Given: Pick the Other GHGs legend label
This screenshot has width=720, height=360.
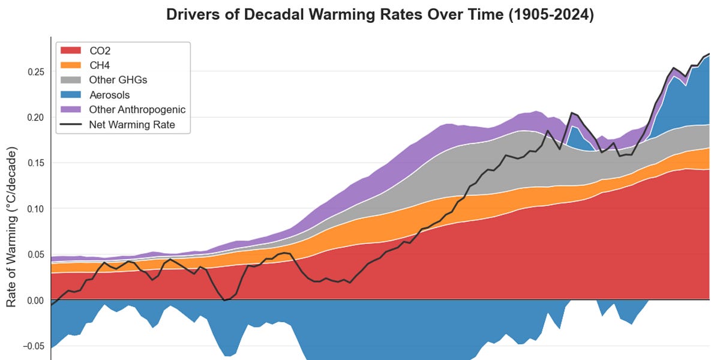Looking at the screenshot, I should point(118,80).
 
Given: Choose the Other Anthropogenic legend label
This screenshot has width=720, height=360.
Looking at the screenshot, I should point(137,110).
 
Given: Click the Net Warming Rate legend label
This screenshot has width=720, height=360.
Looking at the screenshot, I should point(132,125).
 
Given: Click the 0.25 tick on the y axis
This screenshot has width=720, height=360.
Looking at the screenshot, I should point(35,72).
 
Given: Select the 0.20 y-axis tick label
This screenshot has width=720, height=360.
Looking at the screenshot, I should point(35,118).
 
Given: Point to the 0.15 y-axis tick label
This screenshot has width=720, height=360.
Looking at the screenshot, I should point(35,163).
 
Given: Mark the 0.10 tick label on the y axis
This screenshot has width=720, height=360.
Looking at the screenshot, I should point(35,209).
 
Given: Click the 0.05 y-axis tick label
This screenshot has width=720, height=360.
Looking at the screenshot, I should point(35,254).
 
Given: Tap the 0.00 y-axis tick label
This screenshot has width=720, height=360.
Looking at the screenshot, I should point(35,300).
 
